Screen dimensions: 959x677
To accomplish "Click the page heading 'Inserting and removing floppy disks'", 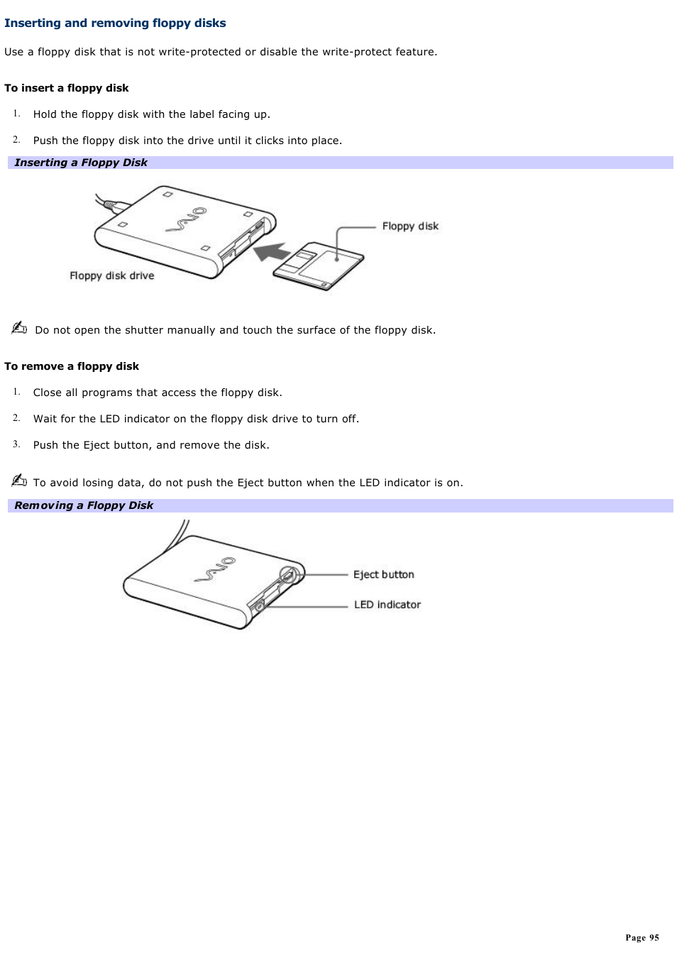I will pyautogui.click(x=115, y=23).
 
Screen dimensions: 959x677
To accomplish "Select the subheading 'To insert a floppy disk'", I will pyautogui.click(x=67, y=88).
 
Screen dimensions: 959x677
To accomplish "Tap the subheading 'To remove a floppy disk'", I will pyautogui.click(x=72, y=366).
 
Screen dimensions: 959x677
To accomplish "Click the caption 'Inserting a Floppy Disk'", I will pyautogui.click(x=81, y=163).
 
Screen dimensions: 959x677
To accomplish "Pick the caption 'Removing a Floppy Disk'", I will pyautogui.click(x=84, y=505).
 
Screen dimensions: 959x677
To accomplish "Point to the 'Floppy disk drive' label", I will pyautogui.click(x=111, y=275).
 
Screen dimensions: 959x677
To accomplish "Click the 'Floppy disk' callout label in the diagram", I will pyautogui.click(x=410, y=226).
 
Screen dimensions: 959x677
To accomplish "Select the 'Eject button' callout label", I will pyautogui.click(x=383, y=574).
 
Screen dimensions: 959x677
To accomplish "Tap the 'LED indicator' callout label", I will pyautogui.click(x=387, y=605).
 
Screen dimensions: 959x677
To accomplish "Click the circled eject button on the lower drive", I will pyautogui.click(x=287, y=575).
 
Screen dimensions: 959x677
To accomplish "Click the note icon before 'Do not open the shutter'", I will pyautogui.click(x=19, y=328).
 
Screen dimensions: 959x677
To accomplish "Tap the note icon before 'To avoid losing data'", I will pyautogui.click(x=19, y=481).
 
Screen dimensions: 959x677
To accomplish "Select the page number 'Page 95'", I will pyautogui.click(x=642, y=938).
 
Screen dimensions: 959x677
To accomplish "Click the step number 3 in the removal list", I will pyautogui.click(x=16, y=444).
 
